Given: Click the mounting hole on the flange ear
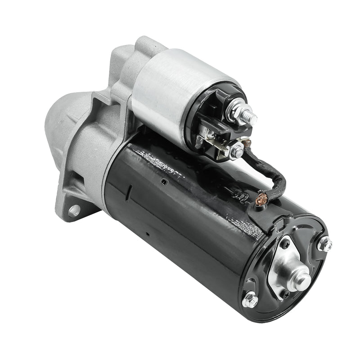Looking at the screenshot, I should pos(74,210).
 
